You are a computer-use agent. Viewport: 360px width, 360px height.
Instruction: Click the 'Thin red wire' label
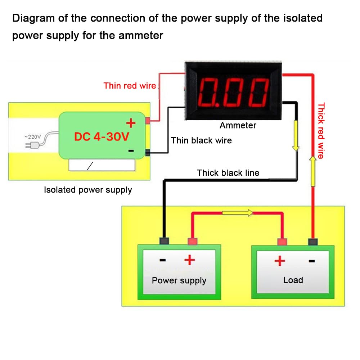(130, 86)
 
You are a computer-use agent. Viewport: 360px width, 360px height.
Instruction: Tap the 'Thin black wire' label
(201, 140)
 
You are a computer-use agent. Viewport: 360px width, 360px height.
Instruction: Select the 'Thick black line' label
(228, 173)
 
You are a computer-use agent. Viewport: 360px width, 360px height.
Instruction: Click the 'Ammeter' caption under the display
(238, 125)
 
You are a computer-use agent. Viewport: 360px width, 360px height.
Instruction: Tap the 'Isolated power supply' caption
(88, 190)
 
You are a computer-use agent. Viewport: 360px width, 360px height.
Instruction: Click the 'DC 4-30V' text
(102, 137)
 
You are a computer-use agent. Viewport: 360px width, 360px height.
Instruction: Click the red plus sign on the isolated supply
(131, 123)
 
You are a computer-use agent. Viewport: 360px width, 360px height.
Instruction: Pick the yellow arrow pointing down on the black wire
(296, 136)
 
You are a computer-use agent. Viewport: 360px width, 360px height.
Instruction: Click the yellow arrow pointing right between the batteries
(238, 213)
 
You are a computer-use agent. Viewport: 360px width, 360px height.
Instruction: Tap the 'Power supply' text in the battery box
(179, 280)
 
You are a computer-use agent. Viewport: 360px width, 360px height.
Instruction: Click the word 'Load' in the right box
(293, 280)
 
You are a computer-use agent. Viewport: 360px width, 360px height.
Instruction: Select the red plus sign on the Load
(280, 260)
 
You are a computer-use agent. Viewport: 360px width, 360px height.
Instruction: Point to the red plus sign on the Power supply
(189, 260)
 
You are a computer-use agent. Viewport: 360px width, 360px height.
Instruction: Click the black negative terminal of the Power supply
(165, 241)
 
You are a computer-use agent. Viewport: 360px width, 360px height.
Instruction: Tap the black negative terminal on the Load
(312, 242)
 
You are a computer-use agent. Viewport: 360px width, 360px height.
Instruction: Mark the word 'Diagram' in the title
(33, 18)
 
